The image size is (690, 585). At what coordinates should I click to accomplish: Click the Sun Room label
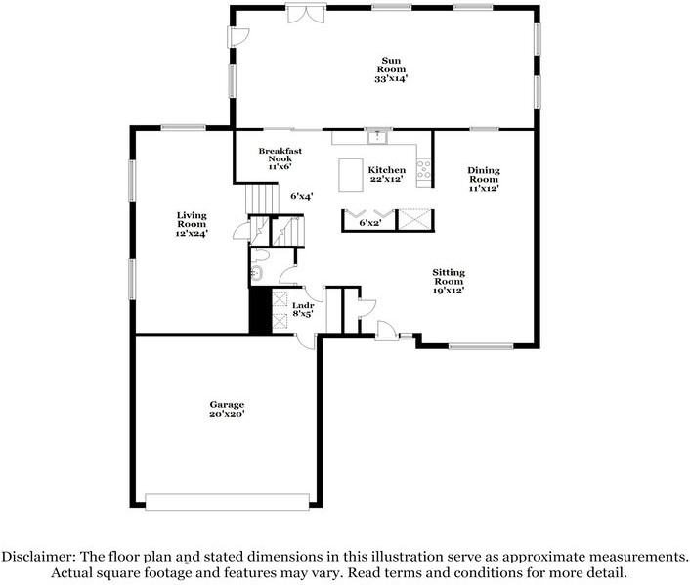[391, 65]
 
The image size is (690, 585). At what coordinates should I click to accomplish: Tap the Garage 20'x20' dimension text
[227, 414]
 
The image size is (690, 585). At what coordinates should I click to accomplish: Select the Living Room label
[192, 219]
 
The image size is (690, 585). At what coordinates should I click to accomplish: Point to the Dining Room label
[484, 174]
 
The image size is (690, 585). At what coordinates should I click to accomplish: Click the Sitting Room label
[449, 277]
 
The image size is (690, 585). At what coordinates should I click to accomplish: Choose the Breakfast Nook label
[280, 155]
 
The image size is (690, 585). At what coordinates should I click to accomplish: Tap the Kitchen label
[387, 170]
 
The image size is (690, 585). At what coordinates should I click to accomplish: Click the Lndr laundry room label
[303, 306]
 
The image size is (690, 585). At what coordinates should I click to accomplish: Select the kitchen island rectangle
[351, 175]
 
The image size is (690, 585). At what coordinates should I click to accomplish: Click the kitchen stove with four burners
[424, 169]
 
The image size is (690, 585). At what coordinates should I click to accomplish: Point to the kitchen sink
[376, 137]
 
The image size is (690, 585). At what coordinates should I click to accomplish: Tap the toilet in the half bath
[261, 256]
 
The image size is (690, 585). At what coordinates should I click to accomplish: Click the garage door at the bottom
[227, 502]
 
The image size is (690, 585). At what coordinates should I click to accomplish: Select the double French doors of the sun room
[306, 14]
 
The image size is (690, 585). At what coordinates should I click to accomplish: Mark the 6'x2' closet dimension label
[370, 223]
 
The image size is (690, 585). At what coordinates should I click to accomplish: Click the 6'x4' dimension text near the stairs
[302, 196]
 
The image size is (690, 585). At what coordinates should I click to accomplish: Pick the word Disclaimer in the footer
[39, 557]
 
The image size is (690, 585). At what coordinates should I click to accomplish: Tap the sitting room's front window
[481, 346]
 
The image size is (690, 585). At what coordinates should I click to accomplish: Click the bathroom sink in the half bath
[256, 274]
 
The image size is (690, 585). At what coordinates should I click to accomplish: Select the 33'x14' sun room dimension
[391, 79]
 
